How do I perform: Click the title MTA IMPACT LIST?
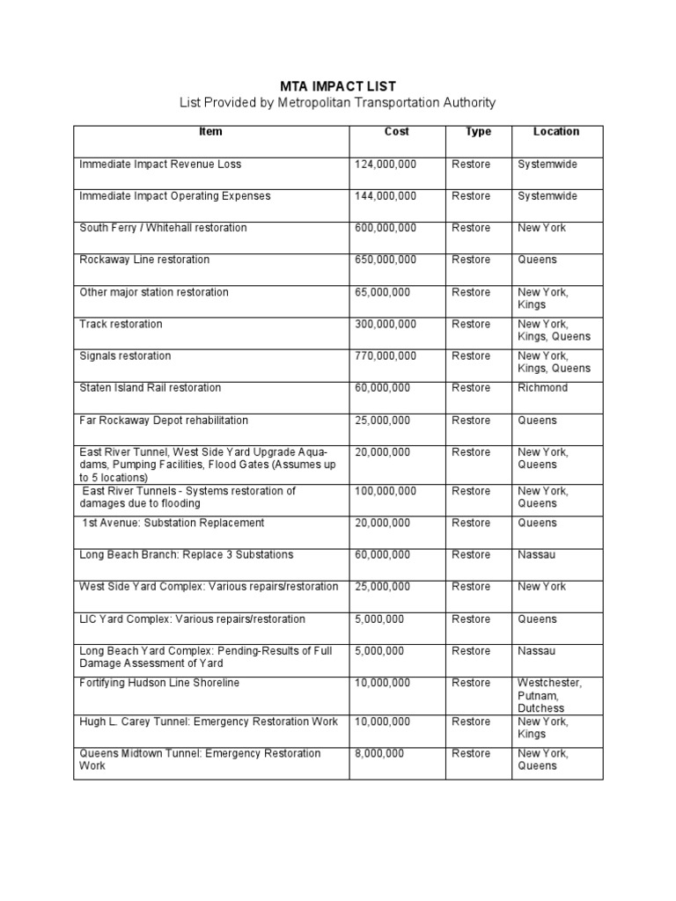(338, 86)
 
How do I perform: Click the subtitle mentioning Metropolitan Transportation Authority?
(338, 103)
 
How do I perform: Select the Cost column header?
(397, 132)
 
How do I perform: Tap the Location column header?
(556, 132)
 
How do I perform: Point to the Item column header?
(211, 132)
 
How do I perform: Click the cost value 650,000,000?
(386, 260)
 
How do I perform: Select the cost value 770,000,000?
(386, 356)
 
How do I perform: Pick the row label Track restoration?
(121, 325)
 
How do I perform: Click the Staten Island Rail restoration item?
(151, 388)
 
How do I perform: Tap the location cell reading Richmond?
(543, 388)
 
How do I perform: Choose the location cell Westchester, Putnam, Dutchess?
(549, 695)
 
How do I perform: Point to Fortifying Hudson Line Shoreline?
(159, 684)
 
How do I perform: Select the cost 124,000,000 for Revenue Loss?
(386, 165)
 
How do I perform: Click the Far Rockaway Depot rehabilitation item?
(164, 421)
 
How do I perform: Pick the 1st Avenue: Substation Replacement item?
(173, 524)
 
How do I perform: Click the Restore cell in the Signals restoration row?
(471, 356)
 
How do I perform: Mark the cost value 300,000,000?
(386, 325)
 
